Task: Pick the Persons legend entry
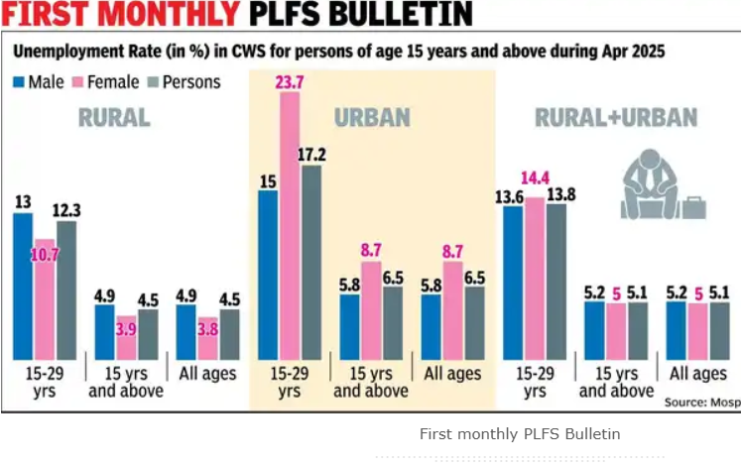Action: point(185,81)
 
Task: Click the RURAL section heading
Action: point(114,118)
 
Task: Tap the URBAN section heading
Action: point(373,118)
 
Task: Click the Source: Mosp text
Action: point(699,403)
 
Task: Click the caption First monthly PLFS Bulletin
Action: point(519,434)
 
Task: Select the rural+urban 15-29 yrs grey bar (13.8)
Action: point(556,282)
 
